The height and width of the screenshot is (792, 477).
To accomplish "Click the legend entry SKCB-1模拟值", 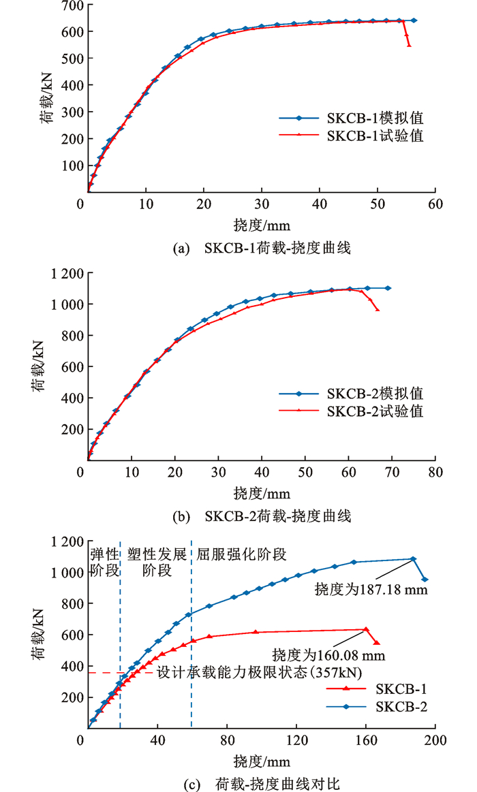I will [x=375, y=118].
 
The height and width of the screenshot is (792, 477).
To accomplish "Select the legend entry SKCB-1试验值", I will [x=375, y=136].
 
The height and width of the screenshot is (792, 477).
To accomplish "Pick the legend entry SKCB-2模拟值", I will [x=375, y=393].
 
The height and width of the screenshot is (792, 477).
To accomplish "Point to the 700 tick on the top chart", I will [x=72, y=6].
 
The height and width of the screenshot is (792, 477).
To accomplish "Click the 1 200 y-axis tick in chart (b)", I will [x=67, y=273].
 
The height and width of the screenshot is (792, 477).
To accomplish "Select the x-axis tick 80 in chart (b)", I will [x=435, y=472].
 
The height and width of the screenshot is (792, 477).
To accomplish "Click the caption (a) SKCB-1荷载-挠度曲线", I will [x=263, y=249].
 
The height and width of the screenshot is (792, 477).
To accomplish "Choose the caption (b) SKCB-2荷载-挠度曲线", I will [x=263, y=516].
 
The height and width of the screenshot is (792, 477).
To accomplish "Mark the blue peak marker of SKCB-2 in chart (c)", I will [x=413, y=559].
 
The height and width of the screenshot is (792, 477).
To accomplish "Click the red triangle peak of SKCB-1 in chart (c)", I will [x=366, y=629].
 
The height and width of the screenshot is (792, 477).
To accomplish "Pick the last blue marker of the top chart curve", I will [x=414, y=20].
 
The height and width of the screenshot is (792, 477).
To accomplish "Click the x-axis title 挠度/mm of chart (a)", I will [x=262, y=223].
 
